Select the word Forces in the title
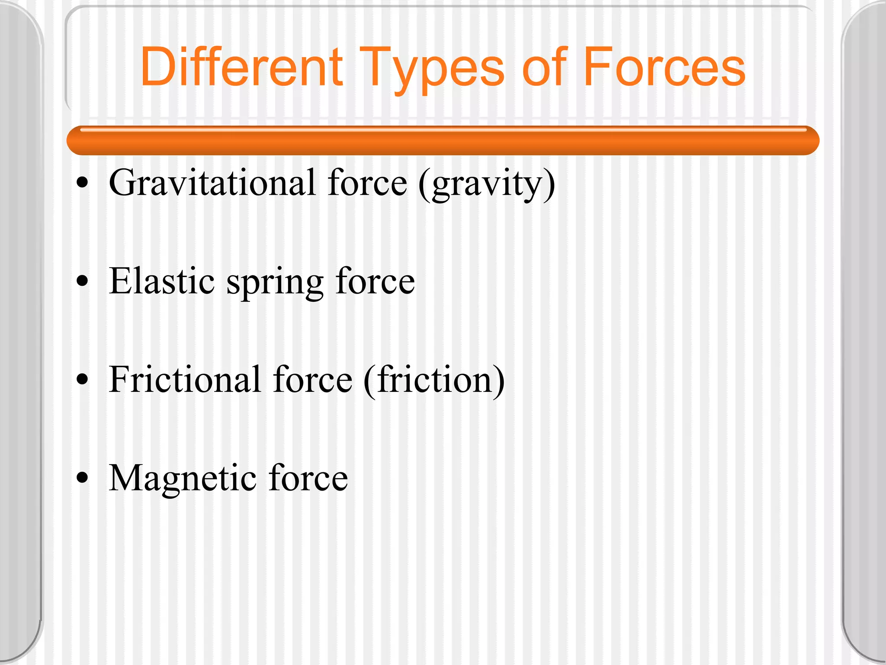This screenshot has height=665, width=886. pyautogui.click(x=664, y=67)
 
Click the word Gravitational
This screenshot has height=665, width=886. pyautogui.click(x=212, y=183)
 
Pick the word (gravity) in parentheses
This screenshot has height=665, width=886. pyautogui.click(x=487, y=184)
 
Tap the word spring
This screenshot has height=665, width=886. pyautogui.click(x=275, y=284)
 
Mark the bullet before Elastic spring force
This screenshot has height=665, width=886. pyautogui.click(x=82, y=282)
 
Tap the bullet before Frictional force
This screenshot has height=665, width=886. pyautogui.click(x=82, y=380)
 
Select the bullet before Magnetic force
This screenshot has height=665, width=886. pyautogui.click(x=82, y=478)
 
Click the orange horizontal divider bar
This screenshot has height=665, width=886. pyautogui.click(x=443, y=140)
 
